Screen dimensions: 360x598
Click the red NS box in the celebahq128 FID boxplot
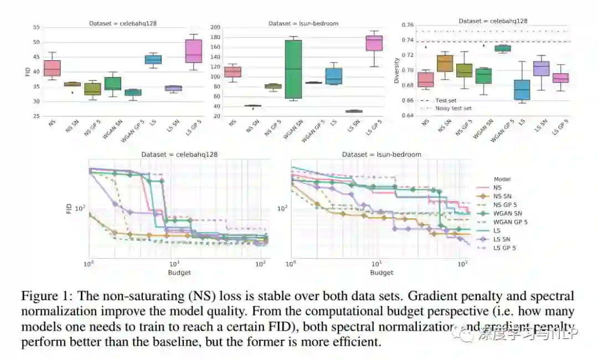(x=52, y=68)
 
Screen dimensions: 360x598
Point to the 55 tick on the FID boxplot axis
(x=36, y=27)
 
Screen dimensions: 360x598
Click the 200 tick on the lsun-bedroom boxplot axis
(x=215, y=27)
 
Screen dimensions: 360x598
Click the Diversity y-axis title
(x=396, y=71)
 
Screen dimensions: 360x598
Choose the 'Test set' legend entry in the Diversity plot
(x=446, y=100)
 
